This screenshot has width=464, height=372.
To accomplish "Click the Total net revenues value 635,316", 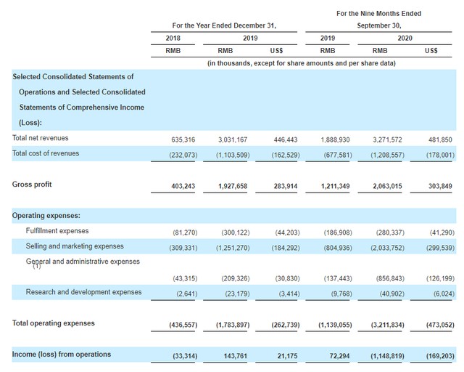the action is [183, 139].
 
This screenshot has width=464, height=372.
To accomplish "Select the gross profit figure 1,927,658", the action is [233, 186].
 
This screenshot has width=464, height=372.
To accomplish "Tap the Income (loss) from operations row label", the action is [62, 355].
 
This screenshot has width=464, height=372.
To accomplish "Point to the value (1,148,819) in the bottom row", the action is [387, 356].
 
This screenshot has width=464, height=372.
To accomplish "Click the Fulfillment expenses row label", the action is [57, 231].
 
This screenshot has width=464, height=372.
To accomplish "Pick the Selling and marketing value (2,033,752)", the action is [387, 248].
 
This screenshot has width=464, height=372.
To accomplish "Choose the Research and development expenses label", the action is [84, 292].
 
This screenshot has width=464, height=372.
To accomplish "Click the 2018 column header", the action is [173, 39].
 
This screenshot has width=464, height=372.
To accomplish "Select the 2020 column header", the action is [405, 39].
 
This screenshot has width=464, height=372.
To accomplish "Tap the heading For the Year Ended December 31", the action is [224, 25].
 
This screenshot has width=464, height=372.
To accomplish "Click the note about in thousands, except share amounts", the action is [302, 63].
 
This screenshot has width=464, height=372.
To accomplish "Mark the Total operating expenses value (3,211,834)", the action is [387, 325].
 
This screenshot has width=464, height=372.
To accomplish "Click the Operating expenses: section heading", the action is [46, 215].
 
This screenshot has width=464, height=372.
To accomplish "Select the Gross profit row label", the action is [32, 185].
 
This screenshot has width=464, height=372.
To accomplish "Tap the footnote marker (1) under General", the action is [37, 267].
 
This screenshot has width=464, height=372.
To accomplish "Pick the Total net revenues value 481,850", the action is [440, 139].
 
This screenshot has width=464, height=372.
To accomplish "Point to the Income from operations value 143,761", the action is [235, 356].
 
